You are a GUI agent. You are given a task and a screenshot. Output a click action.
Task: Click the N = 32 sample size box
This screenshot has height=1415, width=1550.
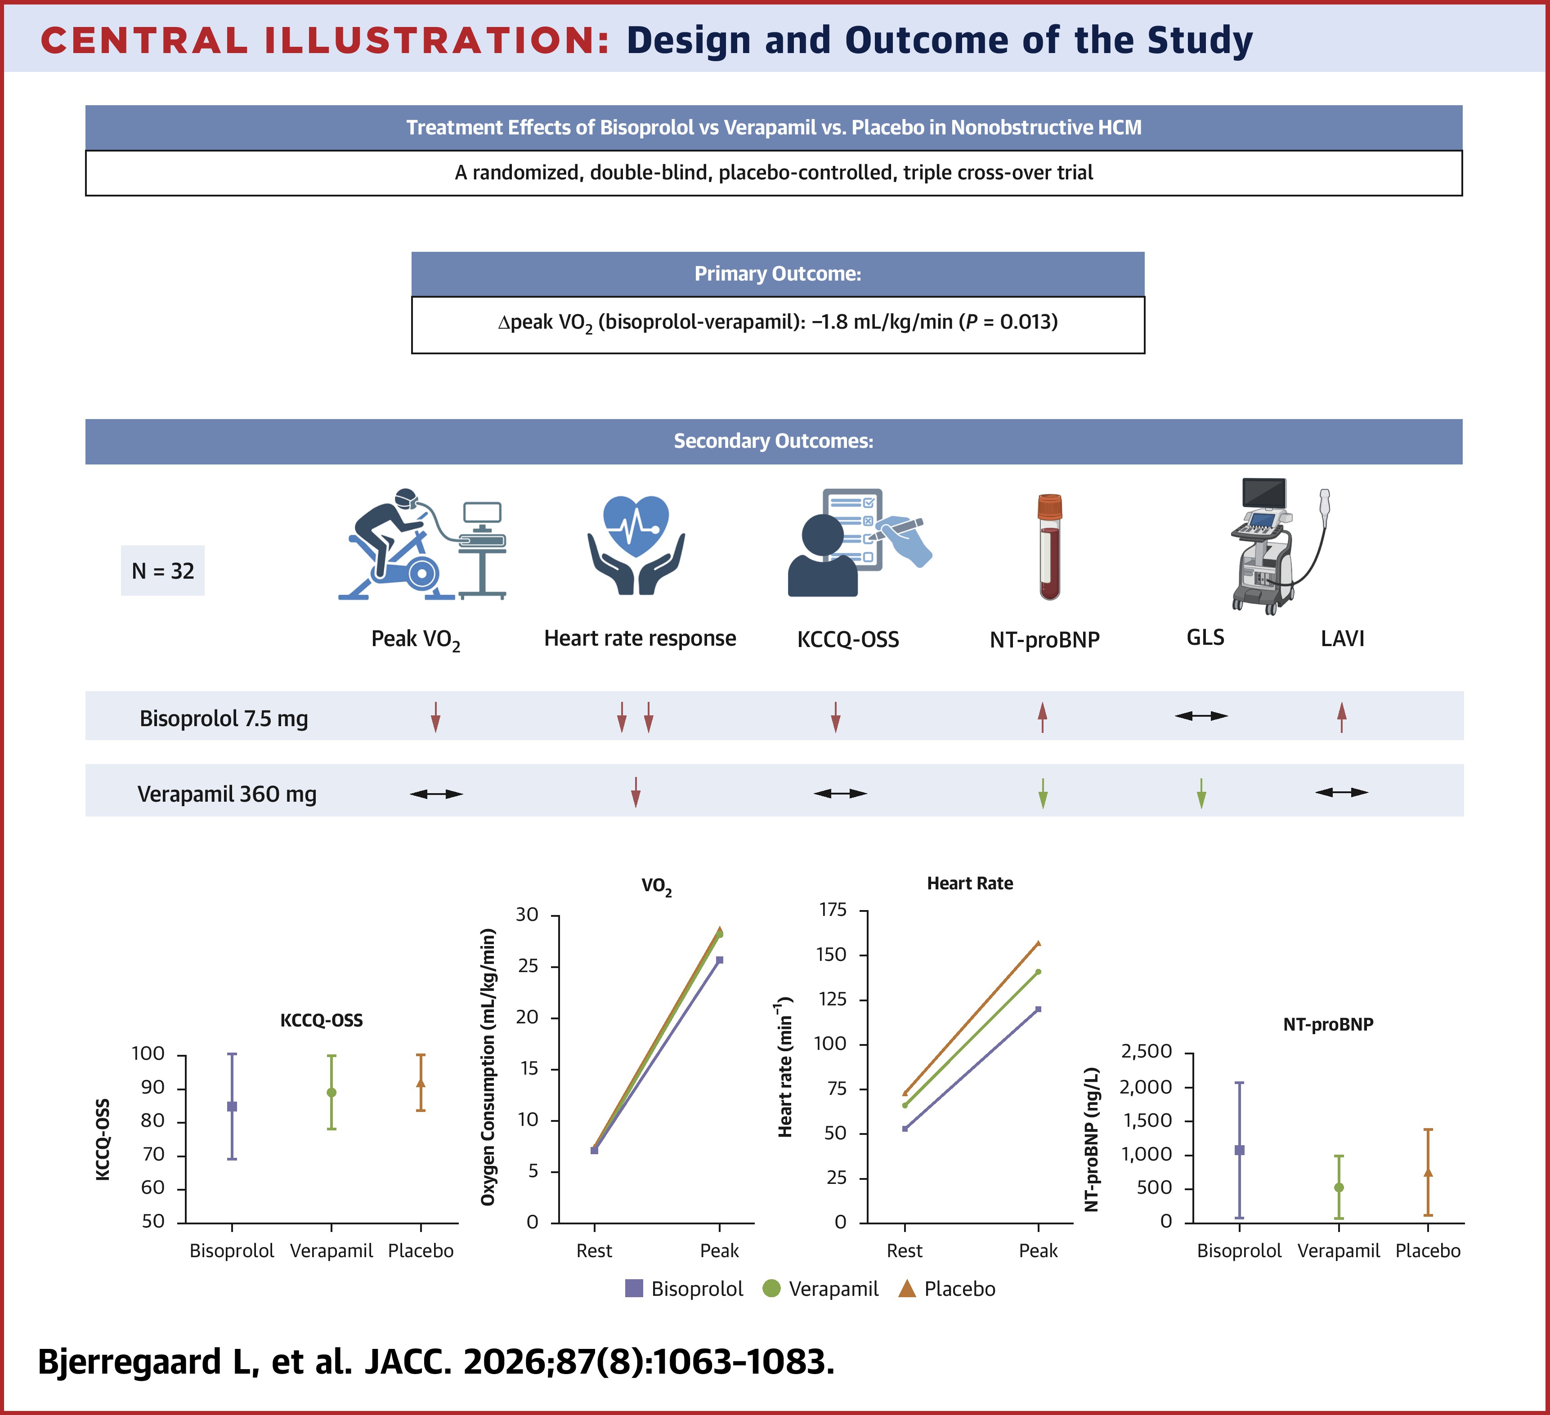(162, 570)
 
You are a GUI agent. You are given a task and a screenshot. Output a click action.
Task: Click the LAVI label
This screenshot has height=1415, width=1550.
(1342, 638)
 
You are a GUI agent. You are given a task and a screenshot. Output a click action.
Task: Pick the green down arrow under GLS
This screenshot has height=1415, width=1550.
(1201, 793)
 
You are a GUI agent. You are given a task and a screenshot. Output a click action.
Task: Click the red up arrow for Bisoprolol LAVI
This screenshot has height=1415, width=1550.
(1342, 716)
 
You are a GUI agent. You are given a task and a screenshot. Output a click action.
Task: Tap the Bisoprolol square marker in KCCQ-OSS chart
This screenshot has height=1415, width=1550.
(232, 1106)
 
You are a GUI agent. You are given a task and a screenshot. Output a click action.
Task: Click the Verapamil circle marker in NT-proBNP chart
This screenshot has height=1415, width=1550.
(1339, 1187)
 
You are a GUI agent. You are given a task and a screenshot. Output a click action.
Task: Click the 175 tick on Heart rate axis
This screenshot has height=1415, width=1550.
(833, 910)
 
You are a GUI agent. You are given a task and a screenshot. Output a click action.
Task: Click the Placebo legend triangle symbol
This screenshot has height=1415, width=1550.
(907, 1288)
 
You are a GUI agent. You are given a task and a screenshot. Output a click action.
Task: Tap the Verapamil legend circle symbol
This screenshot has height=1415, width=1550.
(771, 1288)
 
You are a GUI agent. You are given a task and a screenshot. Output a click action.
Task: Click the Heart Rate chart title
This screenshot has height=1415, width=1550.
(969, 883)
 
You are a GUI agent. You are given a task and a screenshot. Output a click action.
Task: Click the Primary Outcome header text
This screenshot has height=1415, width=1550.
(777, 274)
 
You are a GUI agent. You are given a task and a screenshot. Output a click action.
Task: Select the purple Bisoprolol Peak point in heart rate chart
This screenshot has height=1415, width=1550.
(1038, 1009)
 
